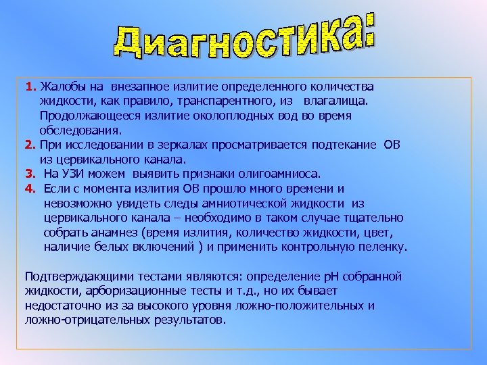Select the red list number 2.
30,145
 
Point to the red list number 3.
30,174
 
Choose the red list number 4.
30,189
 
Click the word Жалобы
60,87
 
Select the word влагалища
336,101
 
